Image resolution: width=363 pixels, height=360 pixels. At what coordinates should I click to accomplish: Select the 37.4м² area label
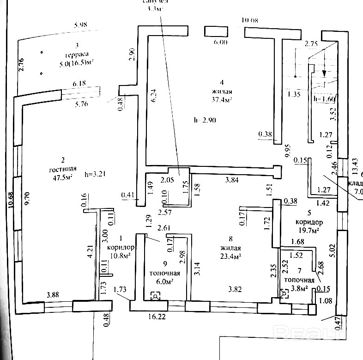[222, 98]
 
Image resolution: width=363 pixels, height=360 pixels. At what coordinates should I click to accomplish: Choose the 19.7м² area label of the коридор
[309, 230]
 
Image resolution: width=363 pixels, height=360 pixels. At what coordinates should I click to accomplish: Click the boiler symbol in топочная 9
[156, 296]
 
